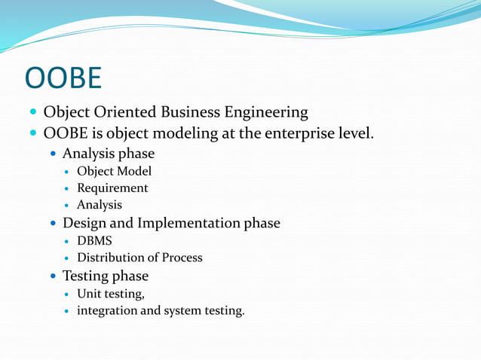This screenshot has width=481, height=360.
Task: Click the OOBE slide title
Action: coord(63,78)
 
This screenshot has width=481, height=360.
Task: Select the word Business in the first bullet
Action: coord(191,112)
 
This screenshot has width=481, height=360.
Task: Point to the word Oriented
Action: coord(123,112)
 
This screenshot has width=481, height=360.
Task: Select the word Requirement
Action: coord(112,188)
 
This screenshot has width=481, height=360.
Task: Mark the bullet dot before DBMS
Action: coord(67,241)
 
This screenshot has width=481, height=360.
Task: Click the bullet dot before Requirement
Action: coord(67,188)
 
